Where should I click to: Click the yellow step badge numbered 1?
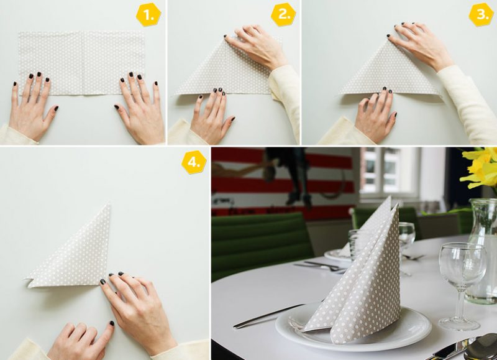pyautogui.click(x=148, y=15)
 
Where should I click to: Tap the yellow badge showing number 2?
pyautogui.click(x=283, y=15)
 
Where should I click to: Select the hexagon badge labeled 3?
pyautogui.click(x=480, y=15)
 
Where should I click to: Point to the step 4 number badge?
pyautogui.click(x=193, y=162)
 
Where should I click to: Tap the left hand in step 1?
pyautogui.click(x=31, y=106)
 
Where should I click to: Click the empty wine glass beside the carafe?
pyautogui.click(x=461, y=274)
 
